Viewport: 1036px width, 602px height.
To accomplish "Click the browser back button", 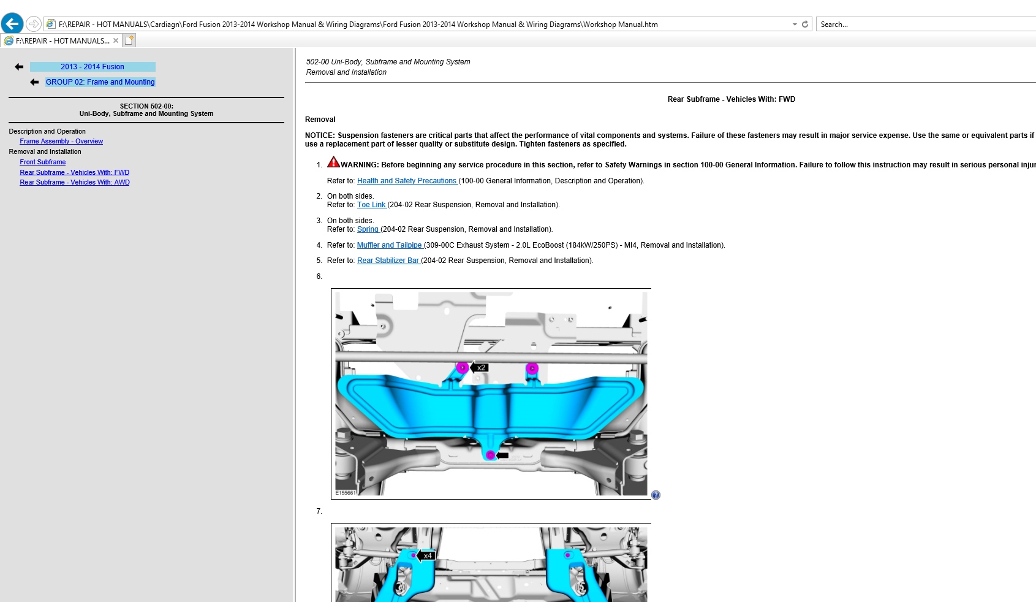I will (12, 24).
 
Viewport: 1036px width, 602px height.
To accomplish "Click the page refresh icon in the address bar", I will (805, 25).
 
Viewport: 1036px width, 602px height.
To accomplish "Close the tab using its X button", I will (116, 41).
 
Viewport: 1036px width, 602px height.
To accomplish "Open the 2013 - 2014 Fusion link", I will (93, 67).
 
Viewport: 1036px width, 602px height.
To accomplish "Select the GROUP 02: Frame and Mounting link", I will (100, 82).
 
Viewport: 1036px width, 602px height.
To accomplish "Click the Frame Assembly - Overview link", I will (61, 142).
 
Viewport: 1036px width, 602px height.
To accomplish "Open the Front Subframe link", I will (43, 162).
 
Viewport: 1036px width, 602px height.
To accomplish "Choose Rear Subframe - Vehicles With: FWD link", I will (74, 173).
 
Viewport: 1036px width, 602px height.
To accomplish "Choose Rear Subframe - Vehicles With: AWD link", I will (74, 183).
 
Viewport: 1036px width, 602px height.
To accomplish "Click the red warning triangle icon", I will (333, 162).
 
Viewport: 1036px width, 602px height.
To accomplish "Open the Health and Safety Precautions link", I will (407, 181).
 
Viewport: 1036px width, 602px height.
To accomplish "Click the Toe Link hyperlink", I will (371, 205).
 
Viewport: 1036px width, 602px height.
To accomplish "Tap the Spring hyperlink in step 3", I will (368, 229).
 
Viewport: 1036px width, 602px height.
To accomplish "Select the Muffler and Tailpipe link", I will (390, 245).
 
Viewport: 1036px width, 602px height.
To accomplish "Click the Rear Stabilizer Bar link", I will (388, 261).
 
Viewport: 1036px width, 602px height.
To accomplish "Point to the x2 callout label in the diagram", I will (482, 368).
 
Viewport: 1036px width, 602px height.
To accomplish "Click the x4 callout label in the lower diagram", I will (428, 556).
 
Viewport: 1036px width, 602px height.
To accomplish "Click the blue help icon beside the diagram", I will (656, 495).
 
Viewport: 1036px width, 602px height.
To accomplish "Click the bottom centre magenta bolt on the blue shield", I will (490, 455).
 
